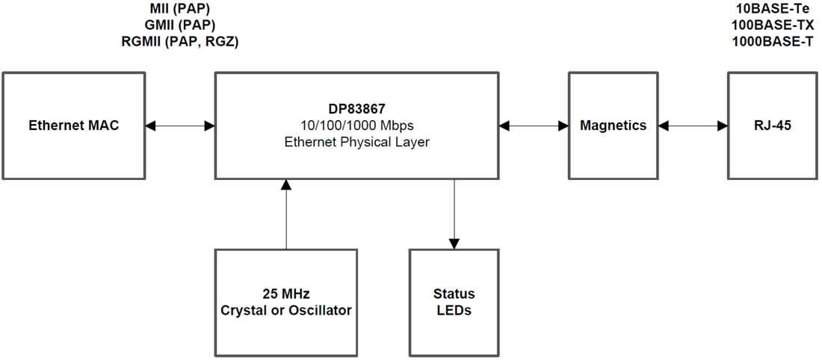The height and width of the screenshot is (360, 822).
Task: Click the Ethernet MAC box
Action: coord(73,125)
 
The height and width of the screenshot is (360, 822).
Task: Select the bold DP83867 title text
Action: coord(357,109)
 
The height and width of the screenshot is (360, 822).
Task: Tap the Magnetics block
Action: coord(613,125)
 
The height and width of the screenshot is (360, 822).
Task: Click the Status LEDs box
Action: coord(454,302)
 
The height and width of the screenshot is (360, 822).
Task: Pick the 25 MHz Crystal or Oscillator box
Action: coord(285,302)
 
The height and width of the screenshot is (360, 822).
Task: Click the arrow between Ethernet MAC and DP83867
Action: coord(180,125)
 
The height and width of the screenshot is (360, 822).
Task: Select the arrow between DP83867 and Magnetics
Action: coord(534,125)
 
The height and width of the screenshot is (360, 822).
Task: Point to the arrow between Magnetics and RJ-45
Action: coord(693,125)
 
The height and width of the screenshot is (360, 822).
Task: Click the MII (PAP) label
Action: coord(179,10)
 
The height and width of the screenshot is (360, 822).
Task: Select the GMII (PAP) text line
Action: coord(179,25)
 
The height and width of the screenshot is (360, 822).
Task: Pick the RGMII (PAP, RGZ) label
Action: coord(179,42)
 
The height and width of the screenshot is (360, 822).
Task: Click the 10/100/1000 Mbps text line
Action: coord(357,125)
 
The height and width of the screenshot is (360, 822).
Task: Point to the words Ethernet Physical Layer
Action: coord(357,142)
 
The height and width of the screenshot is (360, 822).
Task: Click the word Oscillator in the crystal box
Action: coord(319,310)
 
